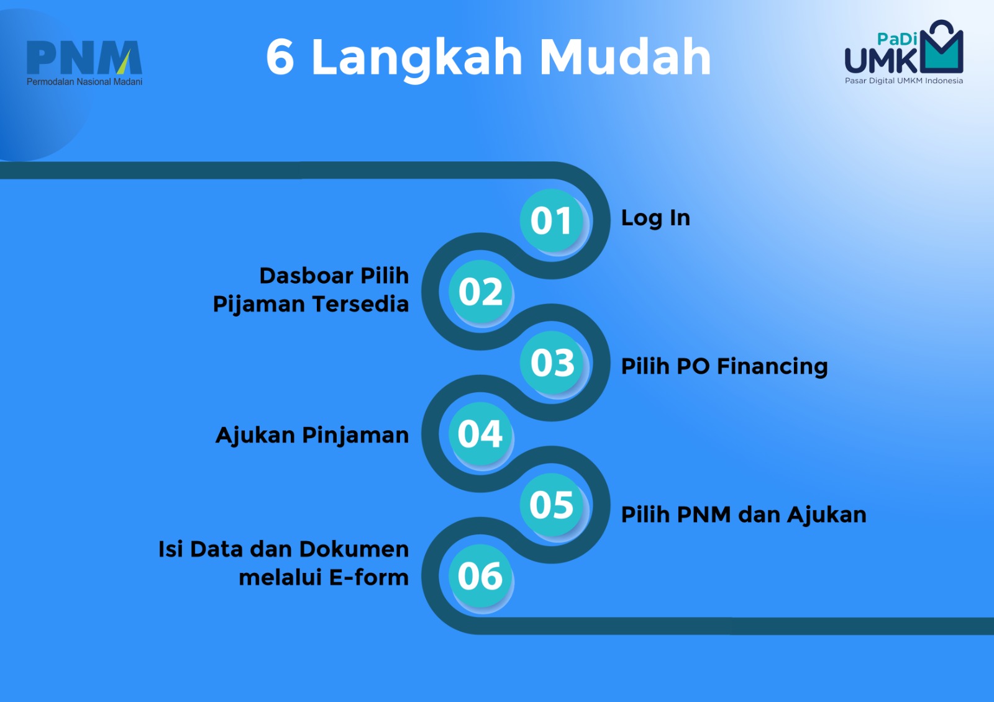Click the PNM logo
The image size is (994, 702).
(x=84, y=63)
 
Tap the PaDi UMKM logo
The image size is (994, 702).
(x=904, y=52)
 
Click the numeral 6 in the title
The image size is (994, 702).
(x=280, y=56)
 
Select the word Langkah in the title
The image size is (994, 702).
(x=417, y=59)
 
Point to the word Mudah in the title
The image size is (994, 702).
(x=626, y=56)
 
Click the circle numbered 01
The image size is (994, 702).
(x=552, y=220)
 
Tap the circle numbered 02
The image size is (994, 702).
(x=481, y=291)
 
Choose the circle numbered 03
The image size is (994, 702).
(x=552, y=362)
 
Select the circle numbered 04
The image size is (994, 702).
(x=481, y=433)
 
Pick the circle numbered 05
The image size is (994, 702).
(x=552, y=504)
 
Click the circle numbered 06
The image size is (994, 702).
(x=481, y=575)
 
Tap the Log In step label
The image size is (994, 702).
(x=655, y=218)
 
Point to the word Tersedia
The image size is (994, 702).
(x=360, y=304)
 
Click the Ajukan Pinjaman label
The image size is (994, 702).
(x=312, y=436)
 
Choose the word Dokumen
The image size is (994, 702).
(x=354, y=549)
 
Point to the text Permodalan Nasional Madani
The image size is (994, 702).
(x=84, y=81)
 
